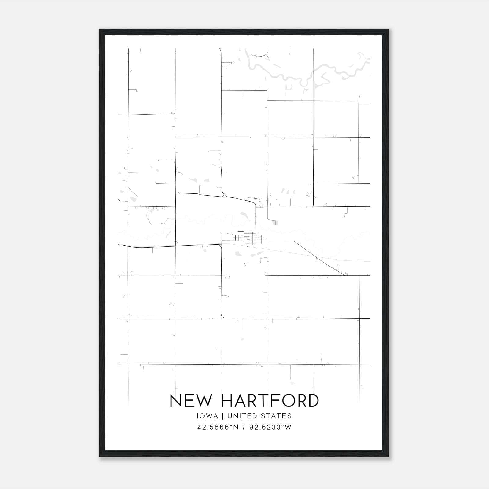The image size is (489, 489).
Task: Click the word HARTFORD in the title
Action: click(x=270, y=401)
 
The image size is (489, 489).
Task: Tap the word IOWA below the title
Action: click(x=208, y=416)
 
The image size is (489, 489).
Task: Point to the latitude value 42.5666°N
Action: click(x=218, y=427)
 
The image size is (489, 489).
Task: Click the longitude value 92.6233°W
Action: click(x=270, y=427)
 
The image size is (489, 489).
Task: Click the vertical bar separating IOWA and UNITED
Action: click(x=223, y=416)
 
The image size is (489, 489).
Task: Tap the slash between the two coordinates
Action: click(x=244, y=427)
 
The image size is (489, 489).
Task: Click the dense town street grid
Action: click(x=249, y=238)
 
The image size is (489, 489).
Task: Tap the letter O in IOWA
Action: click(x=203, y=416)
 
